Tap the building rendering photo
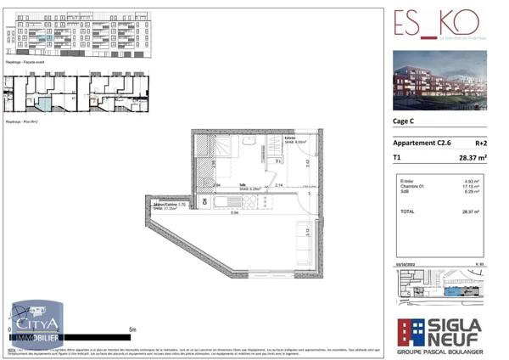[439, 80]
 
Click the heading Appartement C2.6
[424, 143]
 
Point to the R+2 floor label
[480, 143]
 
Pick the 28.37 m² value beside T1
[471, 158]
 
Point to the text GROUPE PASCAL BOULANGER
[439, 349]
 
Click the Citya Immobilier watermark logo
[37, 325]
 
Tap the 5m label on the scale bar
[131, 329]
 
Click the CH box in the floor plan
[204, 202]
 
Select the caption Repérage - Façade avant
[25, 62]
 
